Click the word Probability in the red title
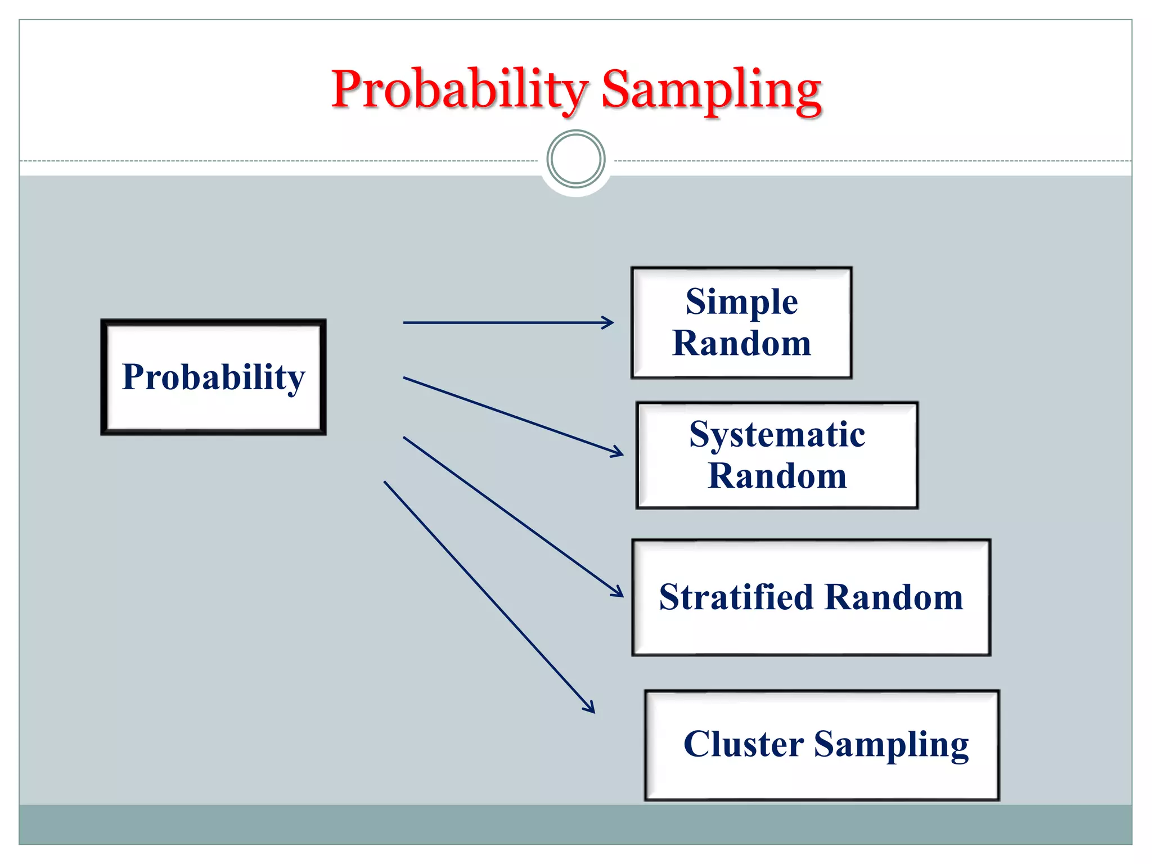[x=458, y=90]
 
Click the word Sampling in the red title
[x=711, y=90]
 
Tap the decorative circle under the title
[x=575, y=159]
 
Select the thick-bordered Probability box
[x=213, y=377]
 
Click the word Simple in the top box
[x=741, y=302]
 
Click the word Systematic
[x=777, y=435]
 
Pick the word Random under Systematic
[x=777, y=476]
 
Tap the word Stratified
[x=736, y=597]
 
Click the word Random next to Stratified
[x=894, y=597]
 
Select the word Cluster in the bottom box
[x=743, y=745]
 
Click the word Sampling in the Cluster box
[x=891, y=745]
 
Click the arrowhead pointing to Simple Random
[x=609, y=323]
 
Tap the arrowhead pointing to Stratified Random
[x=618, y=592]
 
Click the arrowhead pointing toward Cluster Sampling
[x=590, y=708]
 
